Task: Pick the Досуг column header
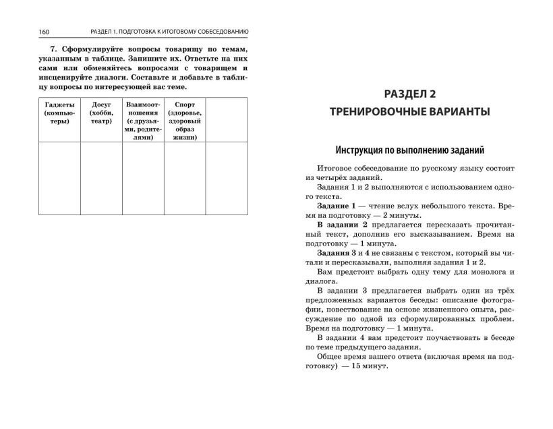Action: pyautogui.click(x=100, y=113)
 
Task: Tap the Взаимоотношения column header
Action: pyautogui.click(x=142, y=121)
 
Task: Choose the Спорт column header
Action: pyautogui.click(x=184, y=121)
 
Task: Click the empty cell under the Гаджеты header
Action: pyautogui.click(x=59, y=179)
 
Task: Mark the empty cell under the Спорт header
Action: pyautogui.click(x=184, y=179)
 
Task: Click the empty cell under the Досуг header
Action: pyautogui.click(x=100, y=179)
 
